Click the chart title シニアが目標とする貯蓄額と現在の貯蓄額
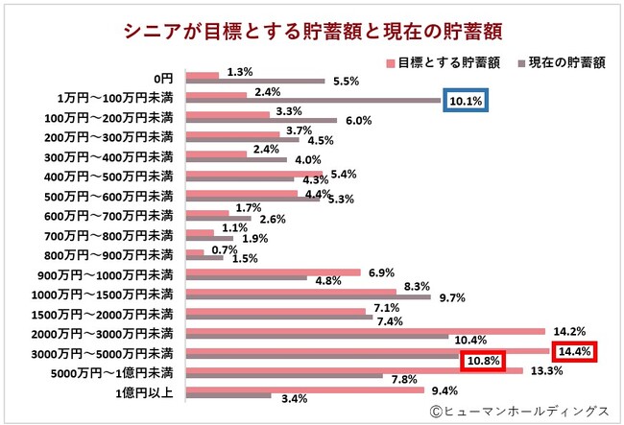tap(312, 29)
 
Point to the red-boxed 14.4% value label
tap(574, 352)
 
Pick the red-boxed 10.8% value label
tap(484, 362)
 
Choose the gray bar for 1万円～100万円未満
tap(312, 101)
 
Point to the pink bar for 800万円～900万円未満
tap(194, 251)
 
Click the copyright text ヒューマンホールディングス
tap(518, 411)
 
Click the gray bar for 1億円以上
tap(228, 395)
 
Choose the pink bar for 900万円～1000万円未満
tap(273, 272)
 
